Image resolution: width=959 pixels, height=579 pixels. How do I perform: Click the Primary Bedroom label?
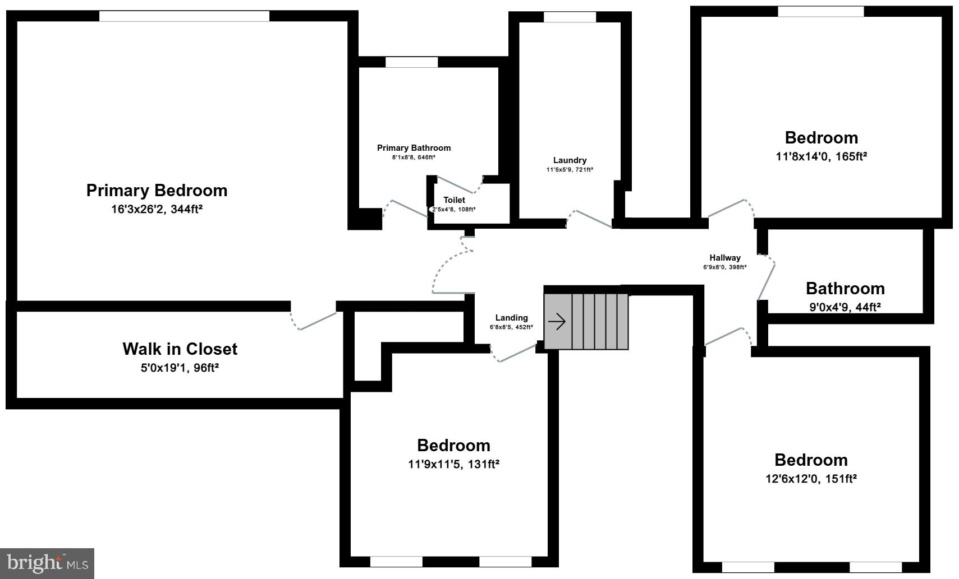point(157,191)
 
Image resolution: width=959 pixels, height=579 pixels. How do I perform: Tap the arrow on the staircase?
point(557,322)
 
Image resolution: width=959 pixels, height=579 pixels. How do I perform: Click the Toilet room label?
point(454,200)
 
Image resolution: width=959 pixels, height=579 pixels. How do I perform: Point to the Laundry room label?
point(570,160)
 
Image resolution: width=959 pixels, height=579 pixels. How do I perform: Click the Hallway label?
point(724,258)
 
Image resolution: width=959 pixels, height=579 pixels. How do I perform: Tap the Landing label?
point(511,318)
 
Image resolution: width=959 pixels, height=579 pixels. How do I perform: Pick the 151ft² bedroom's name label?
point(811,460)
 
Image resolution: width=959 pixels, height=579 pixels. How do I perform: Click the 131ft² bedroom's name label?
point(453,446)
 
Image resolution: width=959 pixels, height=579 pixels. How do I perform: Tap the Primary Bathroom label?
point(414,148)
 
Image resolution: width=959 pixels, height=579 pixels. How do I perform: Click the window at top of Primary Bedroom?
point(184,16)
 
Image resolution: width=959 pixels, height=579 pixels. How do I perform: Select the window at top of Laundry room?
point(570,17)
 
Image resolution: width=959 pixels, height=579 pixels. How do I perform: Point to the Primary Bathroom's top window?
point(411,62)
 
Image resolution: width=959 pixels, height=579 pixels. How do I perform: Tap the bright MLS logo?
point(47,563)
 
